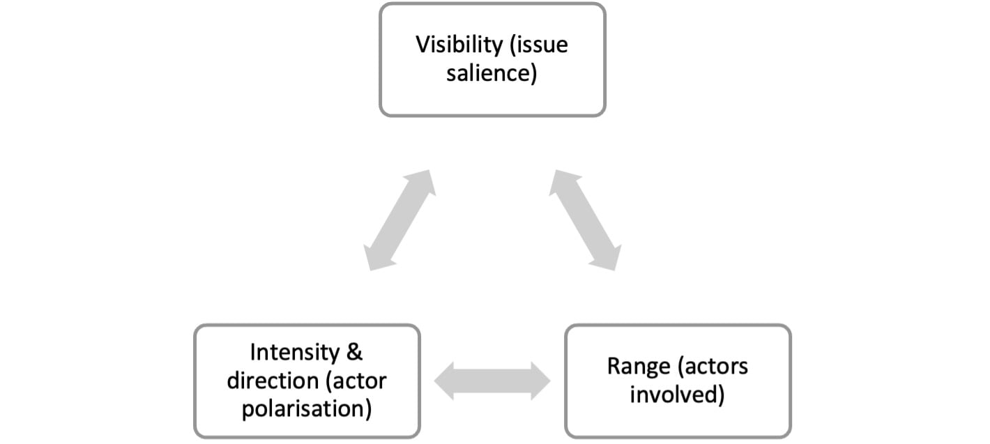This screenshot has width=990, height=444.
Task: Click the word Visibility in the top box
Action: pos(459,45)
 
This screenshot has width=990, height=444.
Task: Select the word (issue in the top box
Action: pos(539,45)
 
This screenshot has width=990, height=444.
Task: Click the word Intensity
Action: pos(294,352)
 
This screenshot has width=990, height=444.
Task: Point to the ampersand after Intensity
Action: pos(354,352)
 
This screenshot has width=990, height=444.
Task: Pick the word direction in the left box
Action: pos(273,381)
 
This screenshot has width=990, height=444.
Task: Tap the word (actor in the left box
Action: pos(356,381)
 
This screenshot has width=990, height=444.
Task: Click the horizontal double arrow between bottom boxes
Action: pos(492,381)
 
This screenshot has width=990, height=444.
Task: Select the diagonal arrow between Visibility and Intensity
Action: pos(399,220)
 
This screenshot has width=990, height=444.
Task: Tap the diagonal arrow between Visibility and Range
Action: pos(585,220)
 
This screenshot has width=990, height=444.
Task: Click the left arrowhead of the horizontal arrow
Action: pos(443,381)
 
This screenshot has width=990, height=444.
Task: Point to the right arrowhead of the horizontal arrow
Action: pos(540,381)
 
